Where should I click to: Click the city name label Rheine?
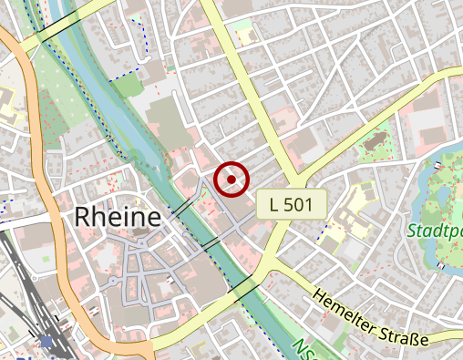click(118, 217)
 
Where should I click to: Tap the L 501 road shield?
click(292, 205)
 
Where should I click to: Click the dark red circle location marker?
click(232, 179)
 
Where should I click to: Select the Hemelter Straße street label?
click(369, 319)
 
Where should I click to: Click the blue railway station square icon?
click(46, 342)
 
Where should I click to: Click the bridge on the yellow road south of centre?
click(243, 286)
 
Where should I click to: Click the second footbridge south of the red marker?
click(210, 244)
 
